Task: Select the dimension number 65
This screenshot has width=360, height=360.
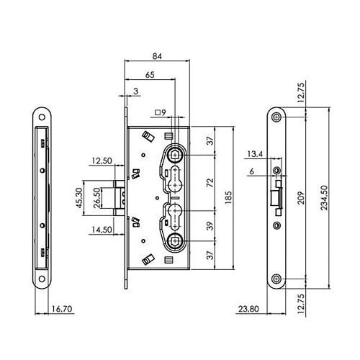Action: pyautogui.click(x=149, y=74)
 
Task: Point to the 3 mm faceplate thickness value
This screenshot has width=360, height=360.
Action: pyautogui.click(x=136, y=91)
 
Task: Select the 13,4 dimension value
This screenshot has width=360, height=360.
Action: pyautogui.click(x=254, y=153)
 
